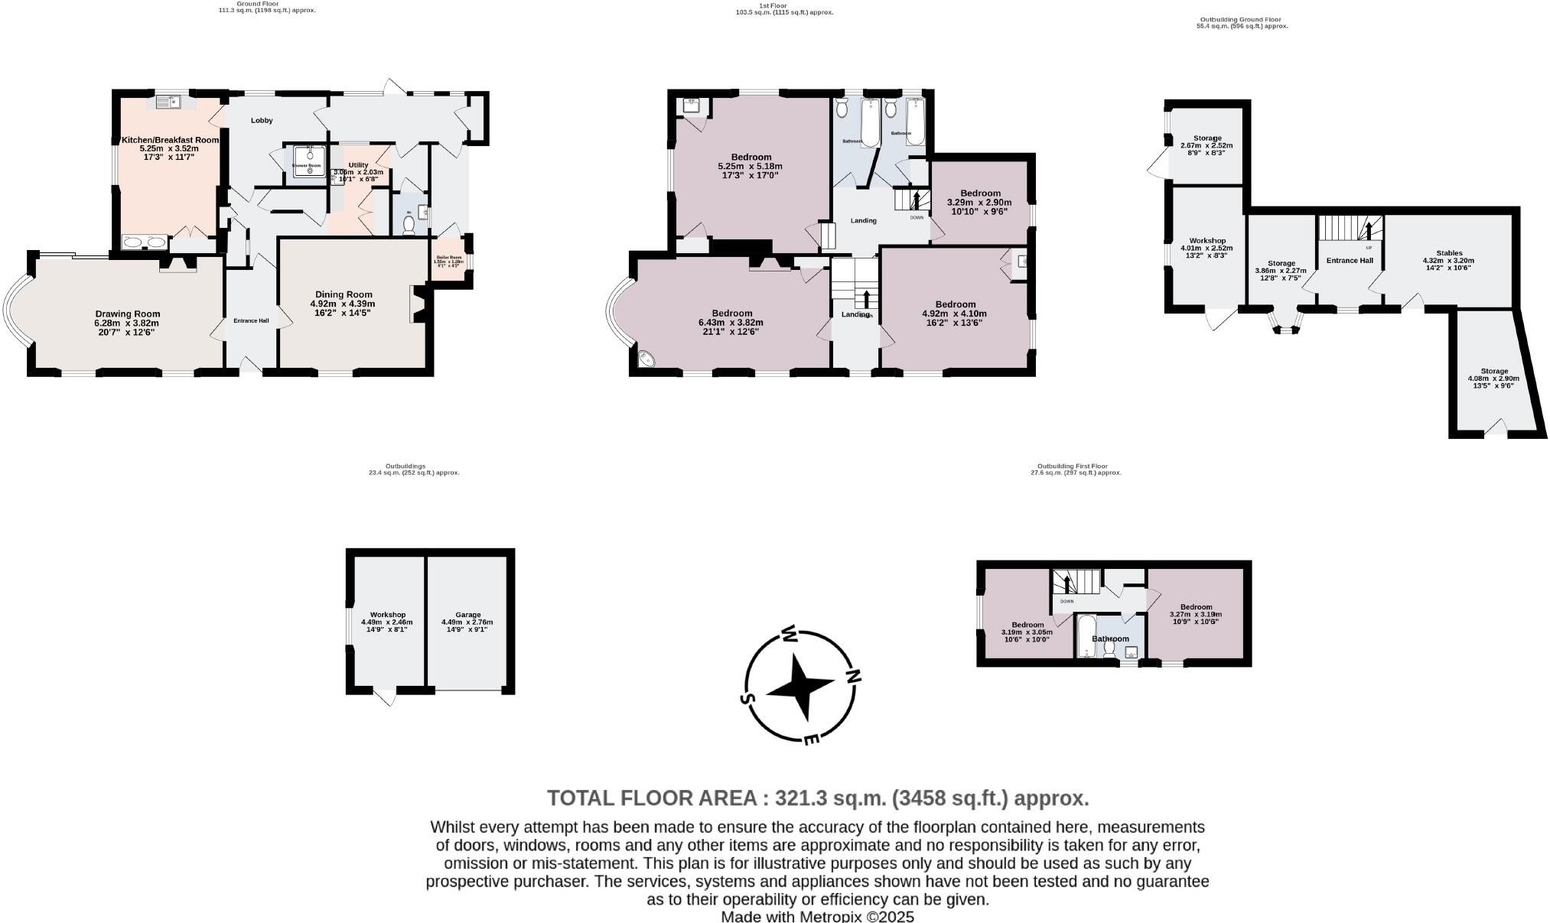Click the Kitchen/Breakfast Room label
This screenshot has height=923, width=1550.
coord(170,140)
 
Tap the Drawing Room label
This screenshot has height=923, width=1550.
coord(128,314)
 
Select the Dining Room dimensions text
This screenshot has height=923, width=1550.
coord(343,308)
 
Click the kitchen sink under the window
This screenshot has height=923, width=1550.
coord(167,101)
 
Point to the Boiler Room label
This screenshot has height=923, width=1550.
coord(449,258)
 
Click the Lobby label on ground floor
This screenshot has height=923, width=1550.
coord(262,120)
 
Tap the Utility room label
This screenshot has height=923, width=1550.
coord(358,165)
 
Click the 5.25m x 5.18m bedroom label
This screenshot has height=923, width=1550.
coord(751,158)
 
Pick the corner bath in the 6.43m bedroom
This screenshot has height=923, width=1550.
coord(646,358)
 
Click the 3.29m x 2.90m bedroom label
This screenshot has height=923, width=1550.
coord(980,193)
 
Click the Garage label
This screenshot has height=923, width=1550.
coord(467,615)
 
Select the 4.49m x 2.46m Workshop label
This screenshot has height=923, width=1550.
coord(387,615)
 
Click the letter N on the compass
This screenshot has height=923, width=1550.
coord(853,676)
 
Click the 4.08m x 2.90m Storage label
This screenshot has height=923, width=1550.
coord(1493,371)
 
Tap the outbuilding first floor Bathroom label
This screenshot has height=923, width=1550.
coord(1110,639)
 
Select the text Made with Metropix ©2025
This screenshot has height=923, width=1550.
coord(817,916)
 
